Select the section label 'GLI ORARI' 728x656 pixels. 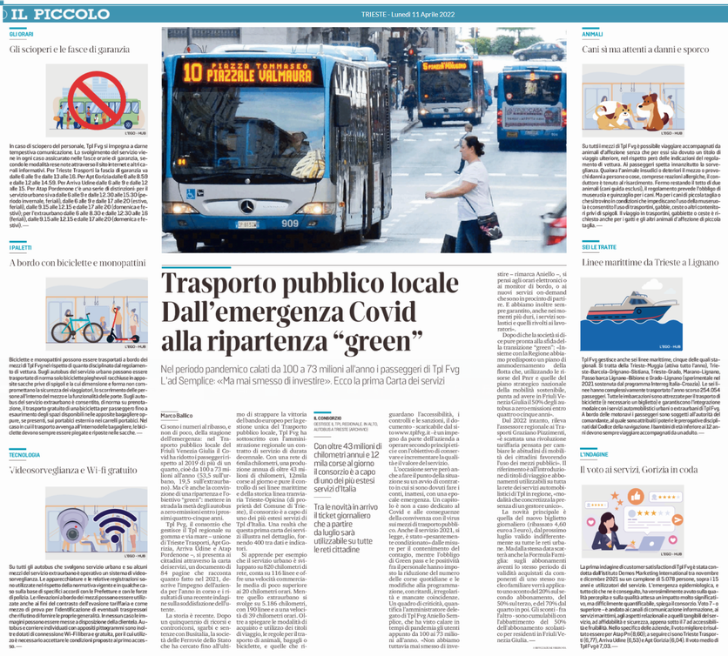tap(22, 33)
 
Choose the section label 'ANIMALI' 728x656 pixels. tap(592, 33)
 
